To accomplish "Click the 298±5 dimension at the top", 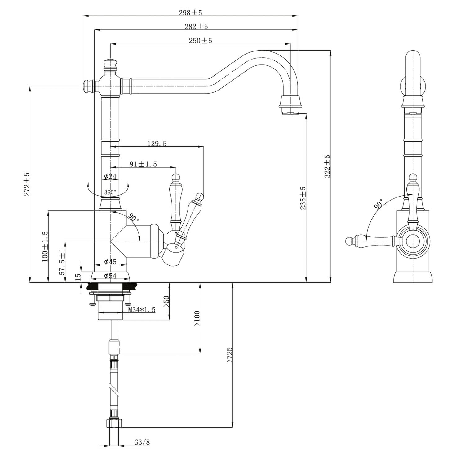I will coord(190,13).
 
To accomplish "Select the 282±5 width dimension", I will coord(196,27).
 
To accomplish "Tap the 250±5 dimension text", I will coord(200,41).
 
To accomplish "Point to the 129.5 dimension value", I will coord(157,144).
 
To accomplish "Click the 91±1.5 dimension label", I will coord(143,164).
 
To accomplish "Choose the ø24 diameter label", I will coord(110,176).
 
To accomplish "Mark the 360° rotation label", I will coord(110,192).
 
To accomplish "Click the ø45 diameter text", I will coord(110,262).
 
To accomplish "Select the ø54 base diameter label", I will coord(110,276).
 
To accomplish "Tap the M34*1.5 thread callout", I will coord(142,309).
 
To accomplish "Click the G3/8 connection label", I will coord(142,442).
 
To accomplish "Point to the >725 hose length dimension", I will coord(229,355).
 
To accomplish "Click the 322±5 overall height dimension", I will coord(327,166).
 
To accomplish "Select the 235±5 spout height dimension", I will coord(303,198).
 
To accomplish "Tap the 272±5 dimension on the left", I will coord(27,184).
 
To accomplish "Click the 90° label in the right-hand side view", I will coord(378,205).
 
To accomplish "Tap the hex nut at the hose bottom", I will coord(114,423).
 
